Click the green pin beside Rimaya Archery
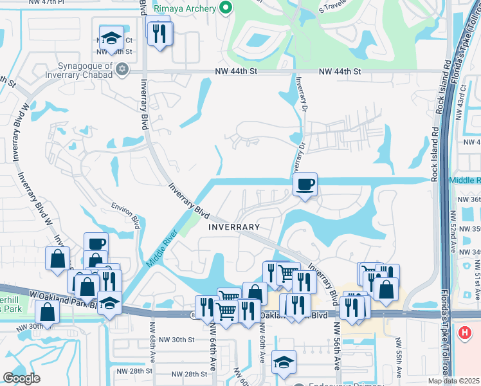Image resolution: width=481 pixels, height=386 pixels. point(225,8)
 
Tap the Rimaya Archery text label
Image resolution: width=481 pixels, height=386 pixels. point(186,9)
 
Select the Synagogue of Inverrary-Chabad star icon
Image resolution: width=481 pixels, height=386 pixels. point(122,69)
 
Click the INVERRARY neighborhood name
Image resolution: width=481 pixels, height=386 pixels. point(234,227)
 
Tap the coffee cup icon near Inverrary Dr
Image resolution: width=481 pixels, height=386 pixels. point(305,185)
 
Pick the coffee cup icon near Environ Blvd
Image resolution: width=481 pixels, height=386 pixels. point(96,244)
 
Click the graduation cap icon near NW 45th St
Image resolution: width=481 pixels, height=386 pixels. point(111,37)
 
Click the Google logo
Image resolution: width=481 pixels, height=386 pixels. point(21,378)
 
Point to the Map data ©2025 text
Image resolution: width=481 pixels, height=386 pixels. point(453,381)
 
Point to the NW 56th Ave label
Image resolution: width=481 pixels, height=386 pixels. point(336,351)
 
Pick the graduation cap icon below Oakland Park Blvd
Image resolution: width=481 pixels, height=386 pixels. point(284,361)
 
